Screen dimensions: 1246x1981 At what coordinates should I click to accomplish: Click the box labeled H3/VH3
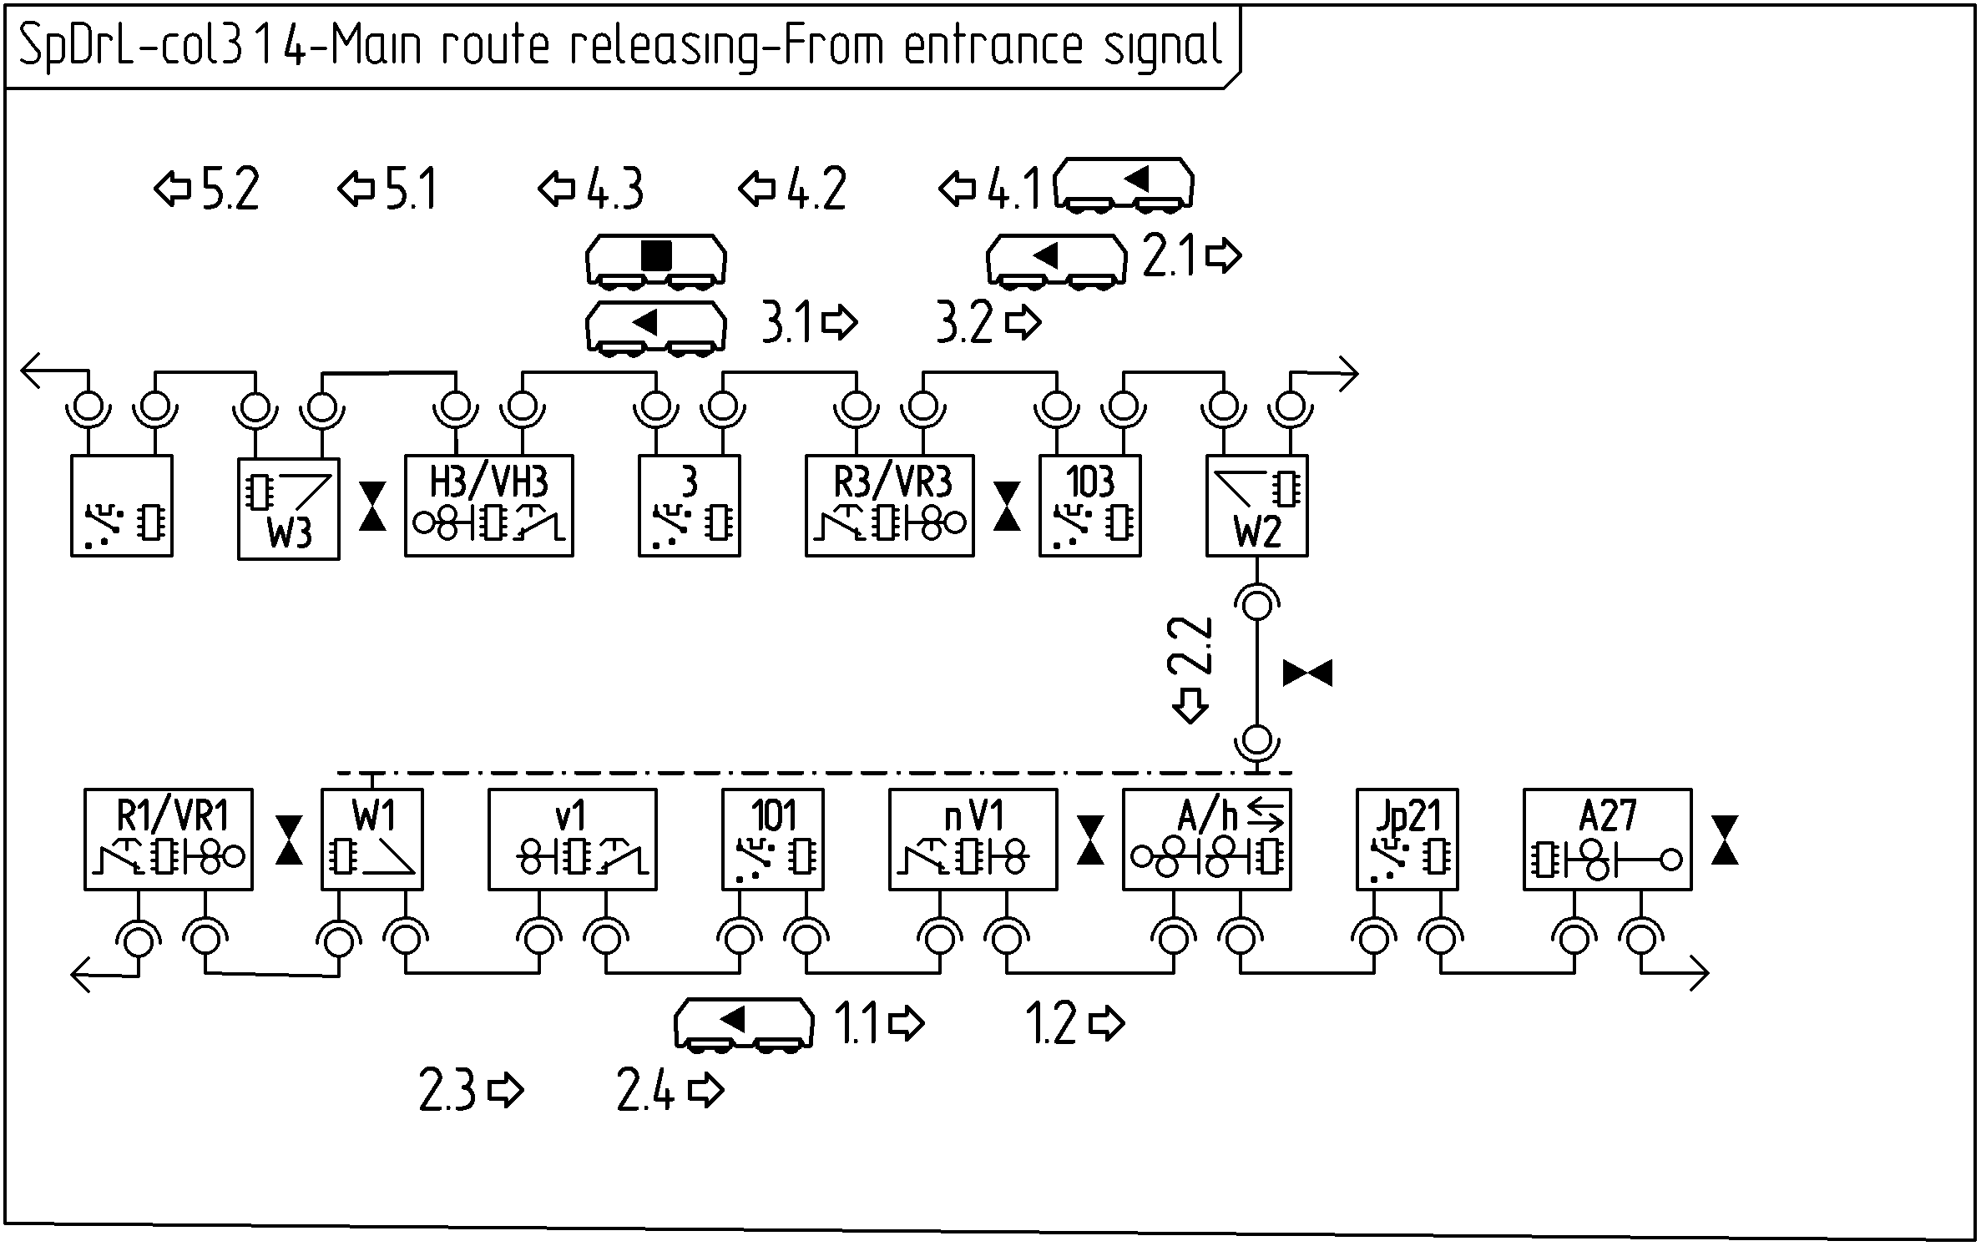click(488, 505)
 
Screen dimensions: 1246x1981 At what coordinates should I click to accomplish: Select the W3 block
click(288, 508)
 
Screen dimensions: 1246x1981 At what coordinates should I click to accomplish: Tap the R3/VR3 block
click(889, 505)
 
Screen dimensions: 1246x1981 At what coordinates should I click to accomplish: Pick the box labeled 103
click(1089, 505)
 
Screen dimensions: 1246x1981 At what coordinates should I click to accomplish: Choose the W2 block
click(1256, 505)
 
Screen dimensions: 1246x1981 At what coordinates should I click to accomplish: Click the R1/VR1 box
click(168, 839)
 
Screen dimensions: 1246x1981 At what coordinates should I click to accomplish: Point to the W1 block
click(372, 839)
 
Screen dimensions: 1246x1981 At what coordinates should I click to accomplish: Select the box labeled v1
click(572, 839)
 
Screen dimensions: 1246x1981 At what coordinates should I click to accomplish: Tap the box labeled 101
click(772, 839)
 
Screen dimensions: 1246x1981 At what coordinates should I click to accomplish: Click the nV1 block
click(973, 839)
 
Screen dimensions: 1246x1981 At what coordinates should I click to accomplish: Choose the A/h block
click(1206, 839)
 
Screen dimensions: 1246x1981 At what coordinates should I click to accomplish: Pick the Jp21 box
click(1407, 839)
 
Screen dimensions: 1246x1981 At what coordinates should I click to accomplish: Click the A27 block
click(1607, 839)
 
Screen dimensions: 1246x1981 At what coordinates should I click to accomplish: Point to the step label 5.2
click(230, 189)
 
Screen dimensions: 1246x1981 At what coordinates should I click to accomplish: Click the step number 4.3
click(615, 189)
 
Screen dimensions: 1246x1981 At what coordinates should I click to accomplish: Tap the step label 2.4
click(645, 1090)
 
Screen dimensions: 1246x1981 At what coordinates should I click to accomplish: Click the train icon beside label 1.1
click(743, 1023)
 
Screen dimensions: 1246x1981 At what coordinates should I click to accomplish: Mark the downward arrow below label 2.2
click(1190, 705)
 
